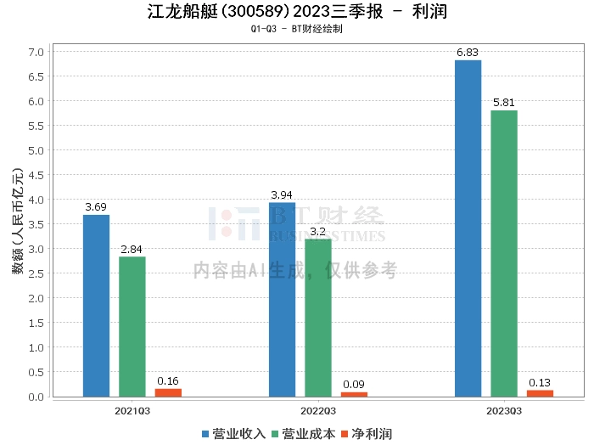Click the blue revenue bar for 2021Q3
[96, 306]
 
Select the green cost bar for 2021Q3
[132, 326]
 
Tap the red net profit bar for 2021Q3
[168, 392]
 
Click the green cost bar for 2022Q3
[318, 318]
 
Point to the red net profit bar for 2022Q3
[354, 394]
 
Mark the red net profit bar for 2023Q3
[540, 393]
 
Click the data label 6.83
[468, 53]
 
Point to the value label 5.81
[503, 103]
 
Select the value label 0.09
[354, 385]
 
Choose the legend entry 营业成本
[302, 434]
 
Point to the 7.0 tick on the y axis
[36, 52]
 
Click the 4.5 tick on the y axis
[36, 175]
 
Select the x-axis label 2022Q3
[318, 411]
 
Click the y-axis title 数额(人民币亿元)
[17, 224]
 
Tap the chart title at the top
[297, 12]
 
